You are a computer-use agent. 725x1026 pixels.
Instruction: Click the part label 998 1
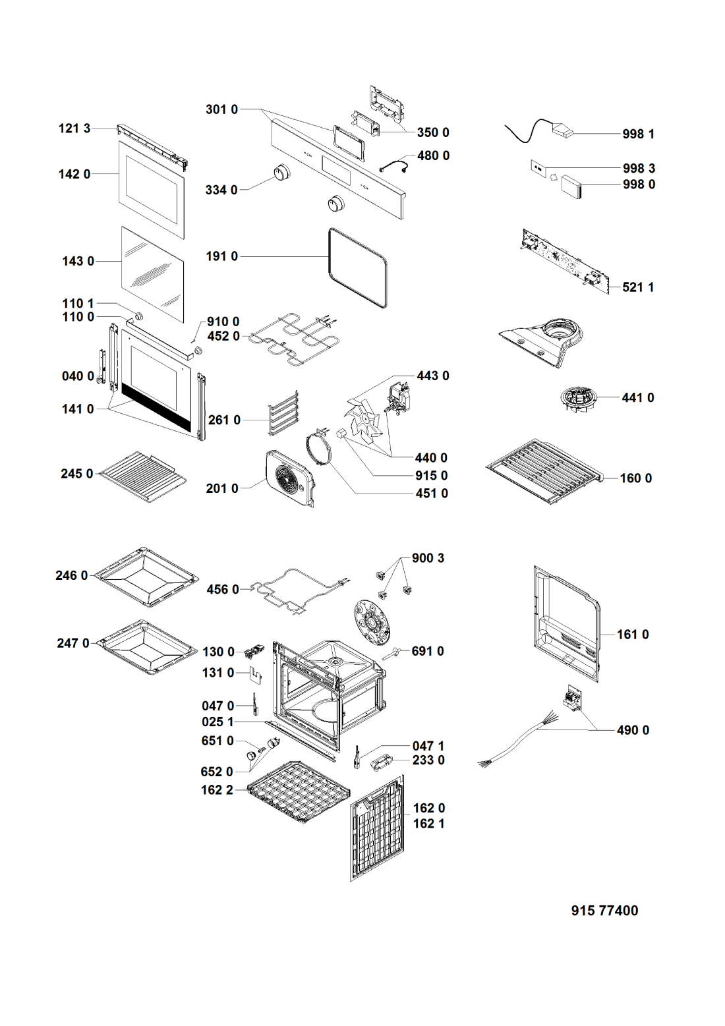tap(638, 134)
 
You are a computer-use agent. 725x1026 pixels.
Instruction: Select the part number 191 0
tap(222, 256)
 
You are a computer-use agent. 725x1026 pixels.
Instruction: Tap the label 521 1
tap(638, 288)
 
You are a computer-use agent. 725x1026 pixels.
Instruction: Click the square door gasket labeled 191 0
tap(358, 268)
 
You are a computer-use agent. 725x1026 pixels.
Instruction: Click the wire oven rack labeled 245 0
tap(143, 476)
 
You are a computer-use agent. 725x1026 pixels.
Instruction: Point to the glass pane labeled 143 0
tap(152, 274)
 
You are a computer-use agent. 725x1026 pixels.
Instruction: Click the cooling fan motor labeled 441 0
tap(577, 398)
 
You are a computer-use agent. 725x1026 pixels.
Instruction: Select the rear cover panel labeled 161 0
tap(567, 625)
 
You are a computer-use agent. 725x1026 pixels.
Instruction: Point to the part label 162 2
tap(217, 789)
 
